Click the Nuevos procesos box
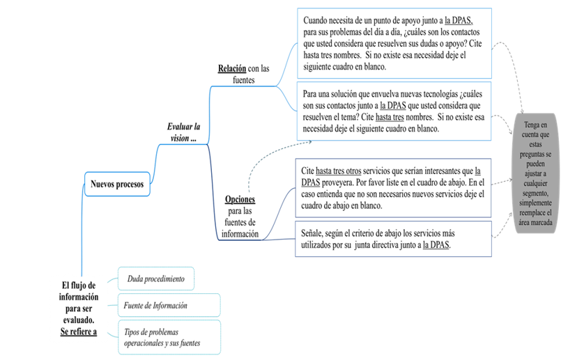tap(117, 185)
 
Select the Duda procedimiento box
tap(156, 279)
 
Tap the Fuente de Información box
tap(169, 305)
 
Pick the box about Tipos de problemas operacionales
tap(169, 338)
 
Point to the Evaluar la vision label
tap(183, 132)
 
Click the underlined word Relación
tap(232, 68)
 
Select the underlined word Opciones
tap(240, 200)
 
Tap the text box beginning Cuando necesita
tap(394, 44)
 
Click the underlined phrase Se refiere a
tap(79, 331)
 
